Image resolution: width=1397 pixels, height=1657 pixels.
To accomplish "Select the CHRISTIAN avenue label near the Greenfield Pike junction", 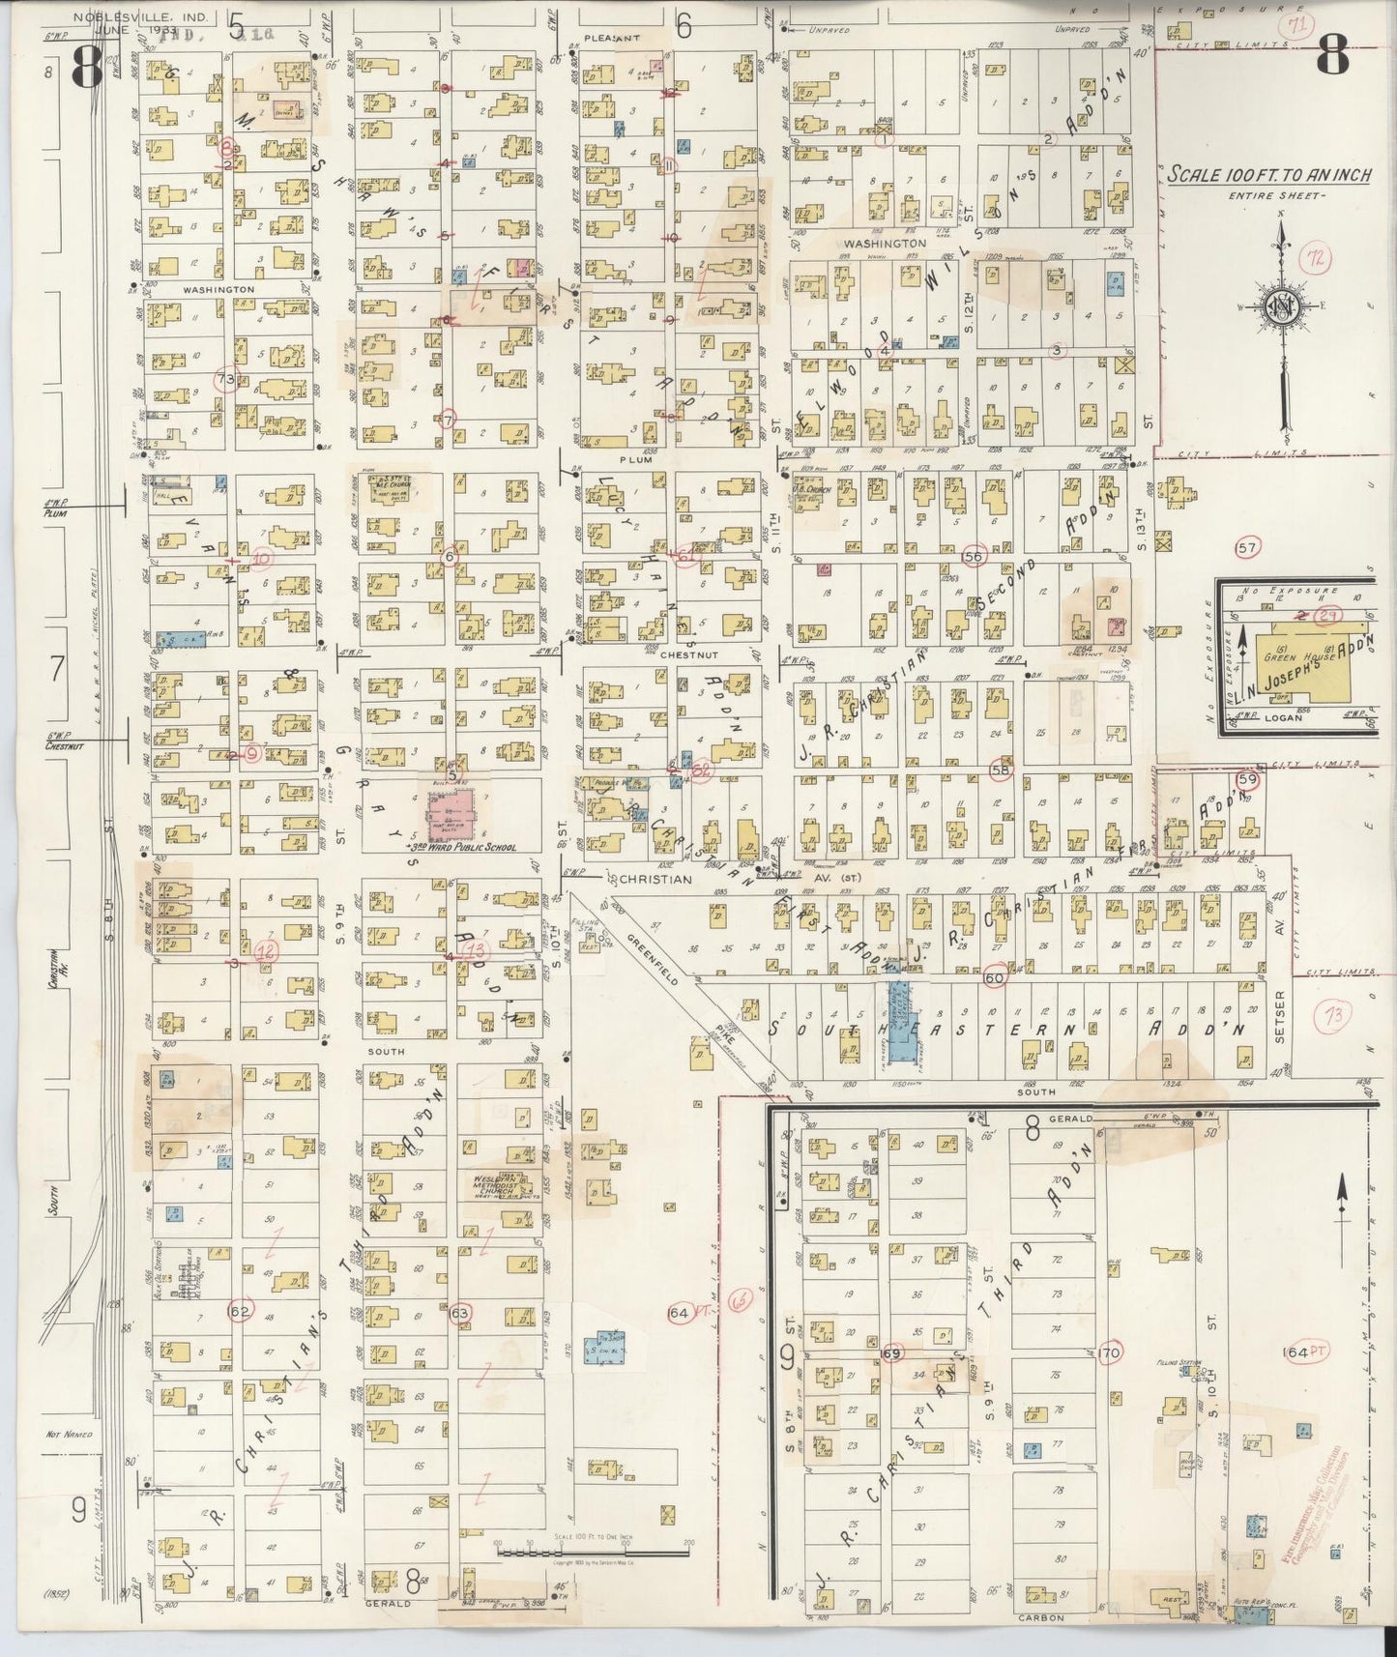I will click(x=653, y=879).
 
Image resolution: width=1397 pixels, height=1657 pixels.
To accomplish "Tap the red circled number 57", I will click(x=1248, y=548).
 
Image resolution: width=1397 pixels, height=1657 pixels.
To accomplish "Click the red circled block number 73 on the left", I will click(x=226, y=379).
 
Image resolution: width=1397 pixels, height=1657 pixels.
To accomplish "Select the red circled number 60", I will click(x=995, y=977).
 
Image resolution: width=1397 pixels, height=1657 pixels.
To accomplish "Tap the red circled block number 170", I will click(x=1109, y=1352).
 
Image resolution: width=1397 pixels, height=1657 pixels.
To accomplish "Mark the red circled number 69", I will click(x=890, y=1353).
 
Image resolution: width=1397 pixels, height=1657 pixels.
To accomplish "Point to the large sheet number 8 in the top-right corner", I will click(x=1331, y=60).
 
